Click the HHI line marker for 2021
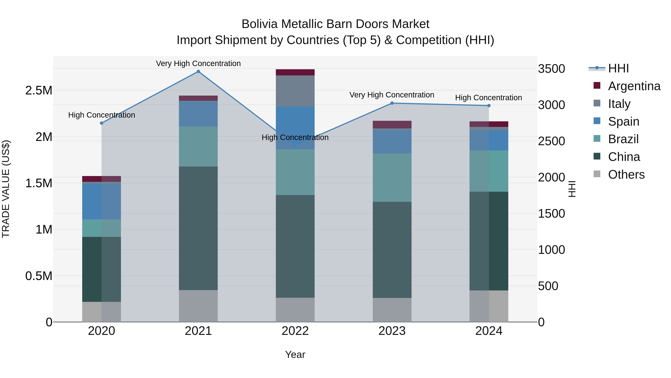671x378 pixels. point(198,71)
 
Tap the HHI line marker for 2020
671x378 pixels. point(102,123)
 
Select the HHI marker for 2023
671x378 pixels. point(392,103)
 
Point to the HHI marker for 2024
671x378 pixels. point(489,106)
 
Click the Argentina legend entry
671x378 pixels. point(634,86)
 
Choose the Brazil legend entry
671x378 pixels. point(623,139)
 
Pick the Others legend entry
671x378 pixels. point(626,175)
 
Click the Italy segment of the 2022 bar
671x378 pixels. point(295,91)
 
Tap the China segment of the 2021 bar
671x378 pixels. point(198,228)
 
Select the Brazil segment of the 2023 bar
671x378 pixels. point(392,177)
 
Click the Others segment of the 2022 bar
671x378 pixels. point(295,310)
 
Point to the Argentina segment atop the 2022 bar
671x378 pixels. point(295,72)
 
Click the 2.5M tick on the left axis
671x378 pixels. point(39,91)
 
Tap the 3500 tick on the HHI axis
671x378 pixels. point(552,69)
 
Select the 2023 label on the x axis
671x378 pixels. point(392,331)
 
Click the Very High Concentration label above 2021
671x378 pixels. point(198,63)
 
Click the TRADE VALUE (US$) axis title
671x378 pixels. point(6,189)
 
